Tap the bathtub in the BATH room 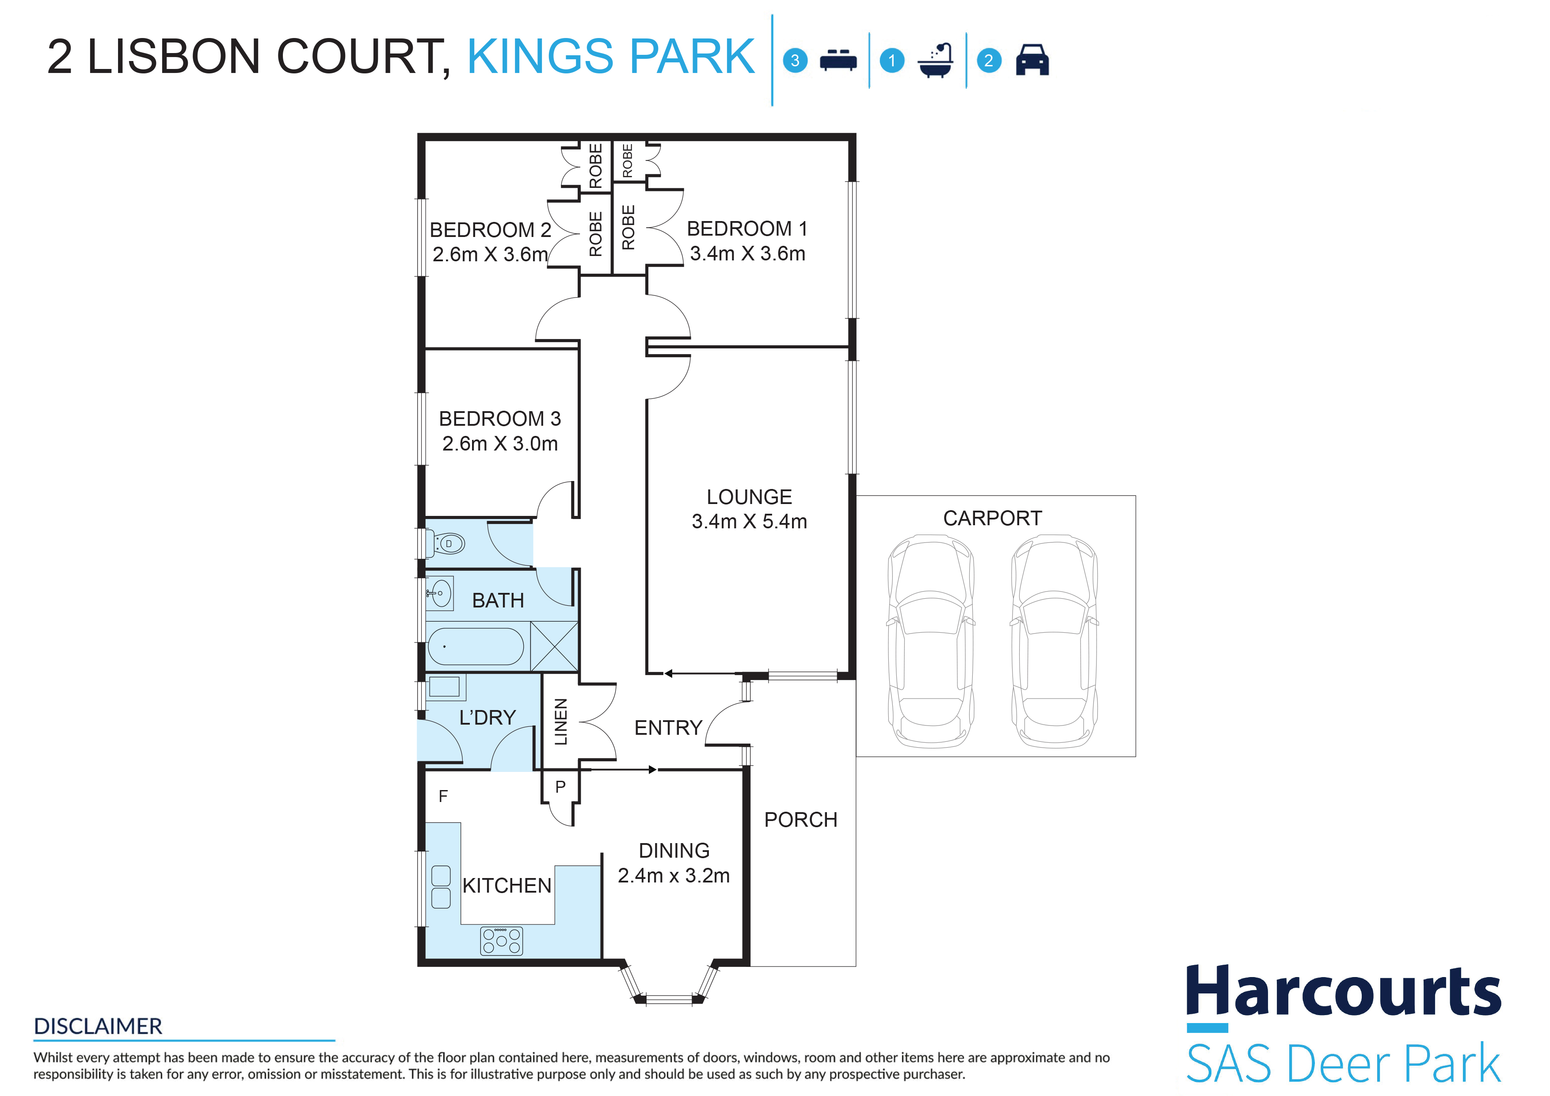(x=476, y=646)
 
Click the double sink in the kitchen (x=441, y=887)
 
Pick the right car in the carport (x=1055, y=642)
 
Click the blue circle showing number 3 (x=795, y=61)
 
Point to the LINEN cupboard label (x=561, y=722)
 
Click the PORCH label (x=801, y=820)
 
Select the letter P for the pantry (x=560, y=787)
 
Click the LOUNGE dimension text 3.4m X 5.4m (x=749, y=521)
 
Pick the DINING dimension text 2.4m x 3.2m (x=674, y=876)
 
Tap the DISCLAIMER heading (x=98, y=1027)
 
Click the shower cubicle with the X (x=554, y=646)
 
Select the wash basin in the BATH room (x=439, y=594)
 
